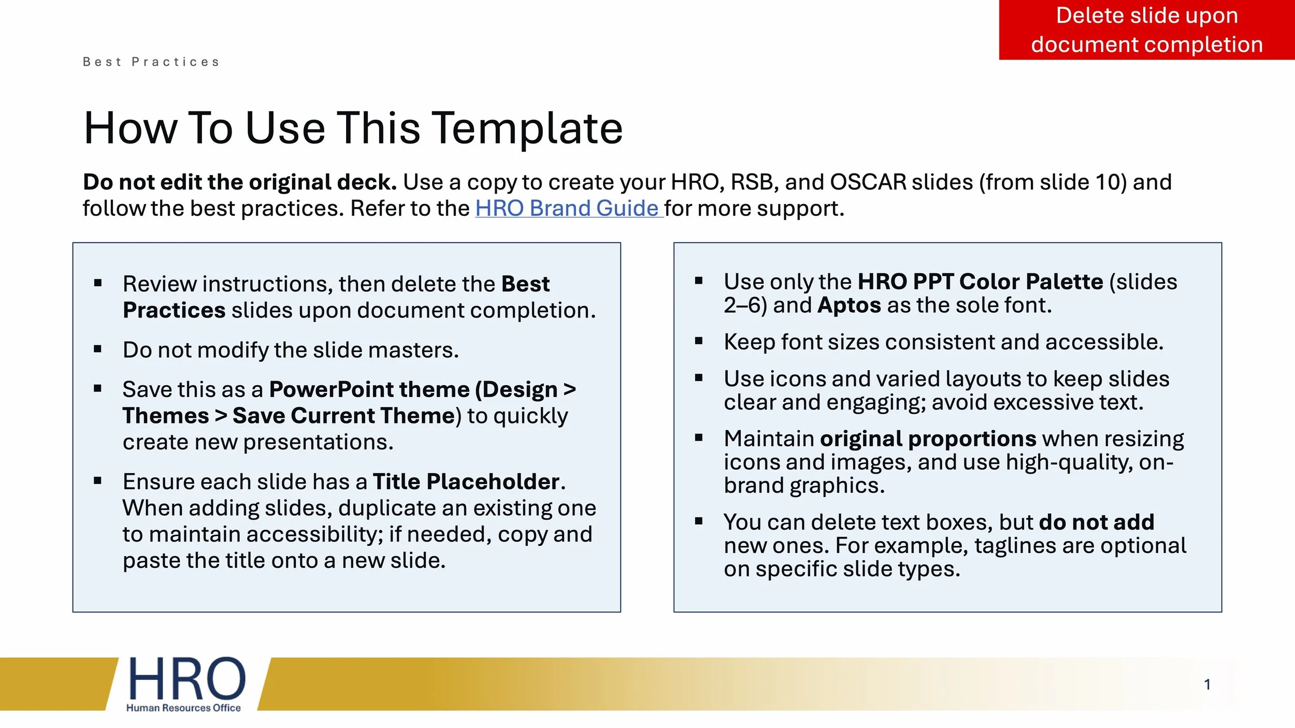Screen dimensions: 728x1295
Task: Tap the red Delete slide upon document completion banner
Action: pyautogui.click(x=1146, y=30)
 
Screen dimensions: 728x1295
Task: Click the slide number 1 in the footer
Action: pyautogui.click(x=1207, y=685)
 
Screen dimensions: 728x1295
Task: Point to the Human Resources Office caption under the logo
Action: pyautogui.click(x=183, y=708)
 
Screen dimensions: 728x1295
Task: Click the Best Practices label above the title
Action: pyautogui.click(x=151, y=62)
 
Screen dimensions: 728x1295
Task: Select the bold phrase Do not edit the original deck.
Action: pyautogui.click(x=240, y=182)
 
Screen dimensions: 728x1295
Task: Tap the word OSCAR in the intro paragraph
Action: pyautogui.click(x=868, y=182)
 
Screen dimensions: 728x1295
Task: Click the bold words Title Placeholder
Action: pyautogui.click(x=466, y=482)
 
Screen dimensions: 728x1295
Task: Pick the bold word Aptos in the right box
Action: pyautogui.click(x=849, y=305)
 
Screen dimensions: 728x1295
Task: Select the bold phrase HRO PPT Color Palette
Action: pyautogui.click(x=980, y=282)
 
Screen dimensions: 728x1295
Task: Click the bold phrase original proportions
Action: pyautogui.click(x=928, y=439)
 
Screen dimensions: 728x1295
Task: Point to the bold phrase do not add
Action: pyautogui.click(x=1097, y=522)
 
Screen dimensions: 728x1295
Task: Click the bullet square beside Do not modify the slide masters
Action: pyautogui.click(x=97, y=350)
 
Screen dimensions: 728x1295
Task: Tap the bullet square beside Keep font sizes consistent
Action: pyautogui.click(x=698, y=341)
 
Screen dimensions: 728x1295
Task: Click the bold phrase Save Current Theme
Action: pyautogui.click(x=343, y=416)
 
